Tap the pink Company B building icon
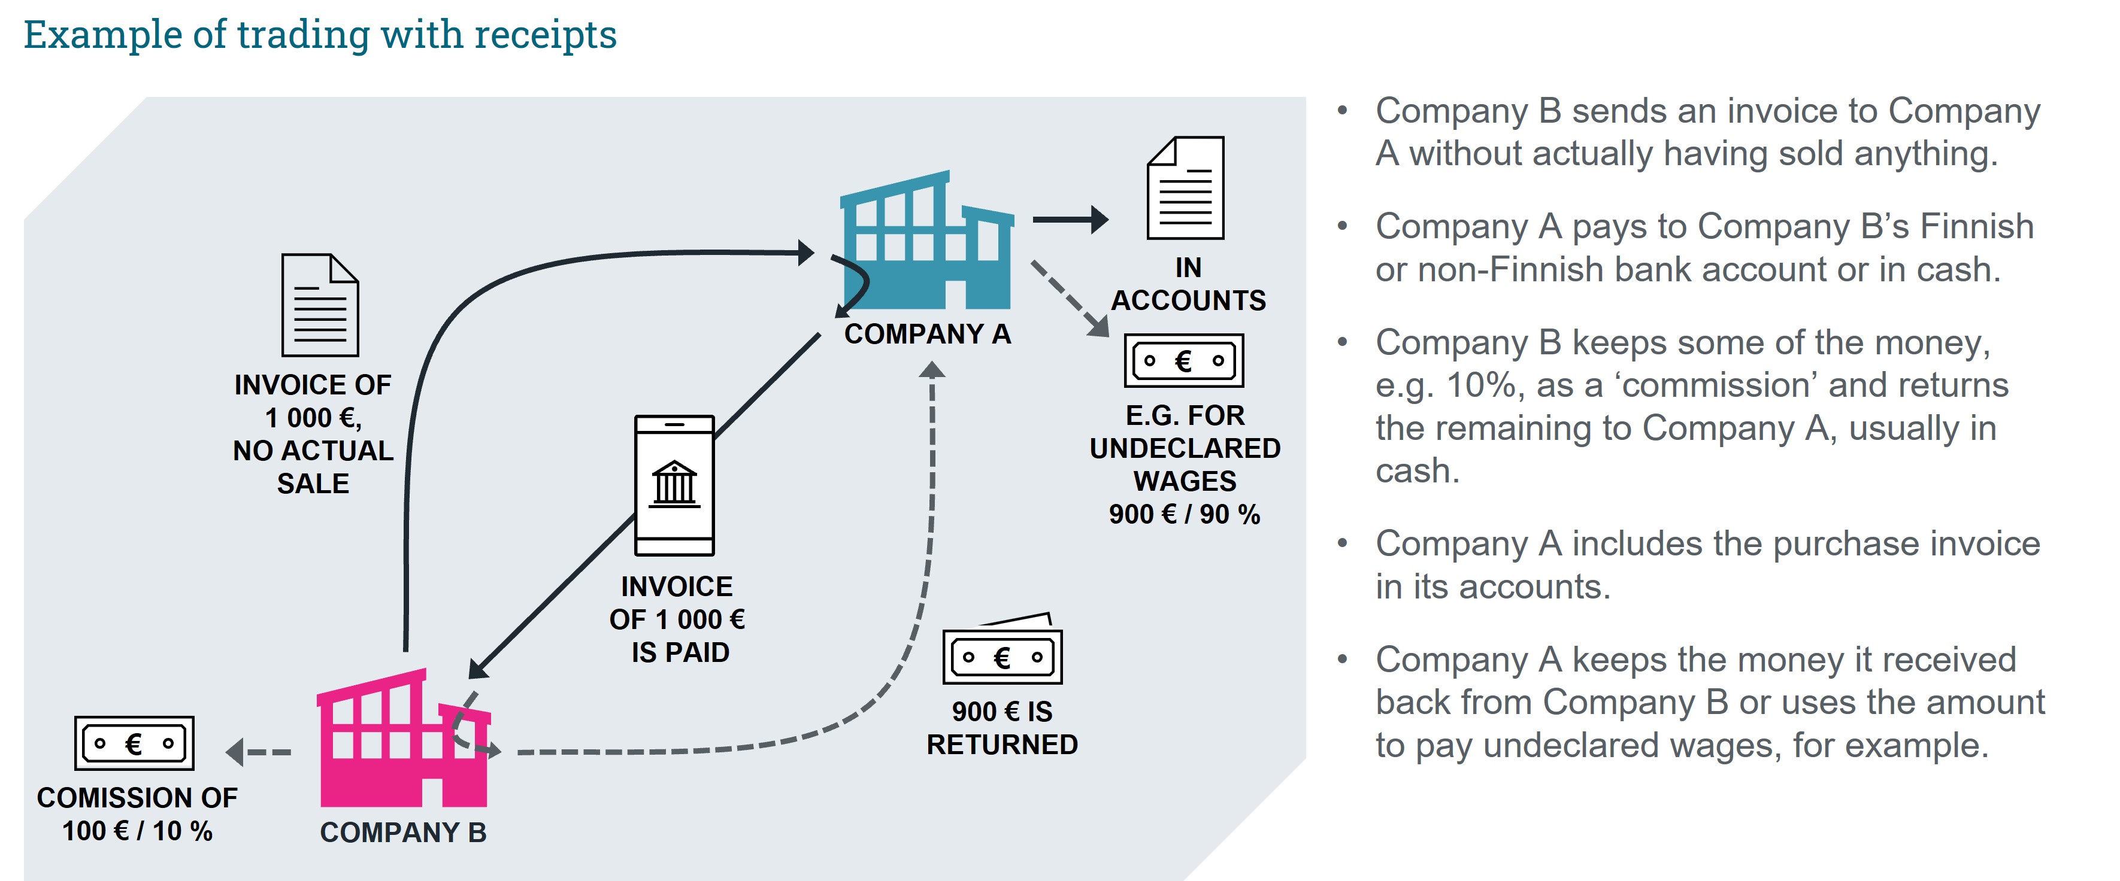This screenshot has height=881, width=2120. click(x=403, y=740)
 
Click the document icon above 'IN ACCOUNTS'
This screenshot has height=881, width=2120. click(x=1185, y=189)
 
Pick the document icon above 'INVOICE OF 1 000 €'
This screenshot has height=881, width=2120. click(x=319, y=305)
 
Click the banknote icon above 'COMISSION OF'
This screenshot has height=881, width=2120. click(x=134, y=743)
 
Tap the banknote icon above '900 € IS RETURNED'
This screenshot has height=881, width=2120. click(x=1003, y=655)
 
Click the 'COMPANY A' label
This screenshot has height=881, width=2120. click(x=928, y=334)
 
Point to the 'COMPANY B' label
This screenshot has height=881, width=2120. click(x=403, y=833)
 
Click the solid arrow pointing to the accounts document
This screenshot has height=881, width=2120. click(x=1070, y=220)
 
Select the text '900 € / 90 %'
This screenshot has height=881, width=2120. click(x=1185, y=514)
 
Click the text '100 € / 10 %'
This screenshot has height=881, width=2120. click(x=137, y=831)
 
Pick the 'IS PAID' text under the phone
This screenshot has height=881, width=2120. click(x=680, y=652)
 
